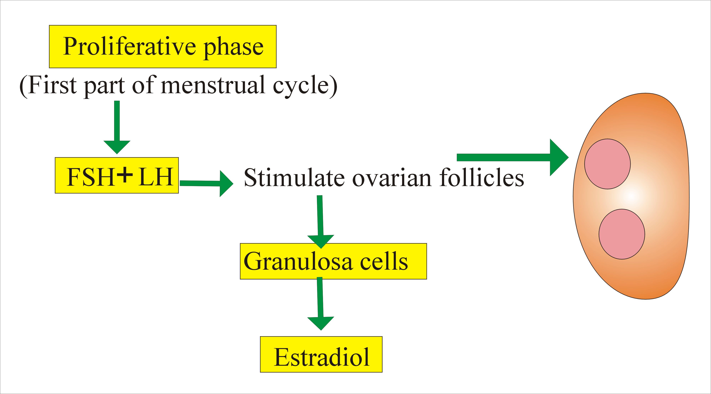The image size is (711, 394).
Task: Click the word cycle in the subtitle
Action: tap(301, 86)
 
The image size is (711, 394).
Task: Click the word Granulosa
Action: tap(298, 261)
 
